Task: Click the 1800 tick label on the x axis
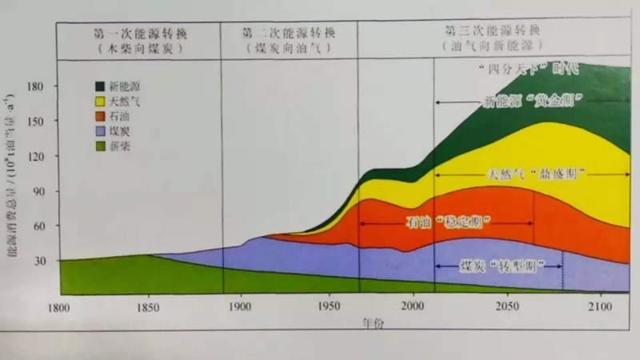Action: coord(59,307)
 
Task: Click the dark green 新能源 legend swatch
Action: coord(102,85)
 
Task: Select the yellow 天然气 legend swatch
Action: coord(102,101)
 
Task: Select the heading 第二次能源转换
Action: coord(287,34)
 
